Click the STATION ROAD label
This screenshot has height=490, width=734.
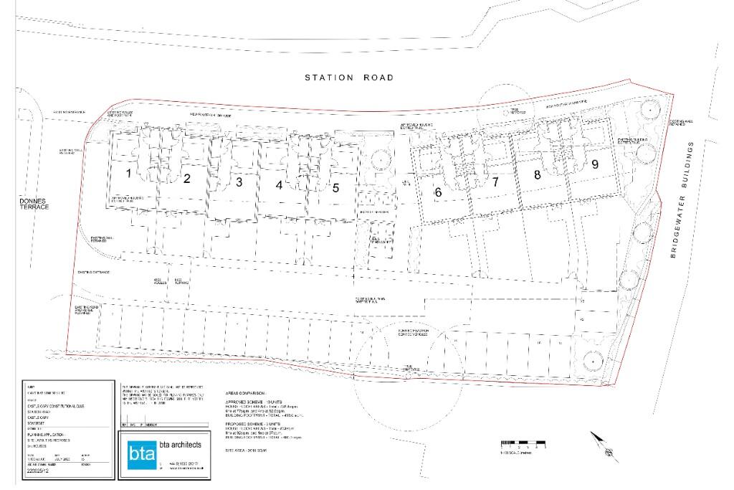(x=348, y=77)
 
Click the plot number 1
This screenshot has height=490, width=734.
(x=129, y=173)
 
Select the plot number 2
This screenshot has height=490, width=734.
(x=186, y=179)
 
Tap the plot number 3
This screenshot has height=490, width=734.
(x=239, y=182)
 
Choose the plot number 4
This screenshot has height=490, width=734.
(x=279, y=184)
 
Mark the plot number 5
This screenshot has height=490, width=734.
(x=335, y=188)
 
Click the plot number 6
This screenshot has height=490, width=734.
(x=438, y=192)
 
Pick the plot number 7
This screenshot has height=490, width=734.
(x=495, y=182)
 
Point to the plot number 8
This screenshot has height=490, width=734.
(x=536, y=174)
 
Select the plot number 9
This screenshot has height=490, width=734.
(x=594, y=164)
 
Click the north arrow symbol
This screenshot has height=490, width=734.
(x=603, y=444)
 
